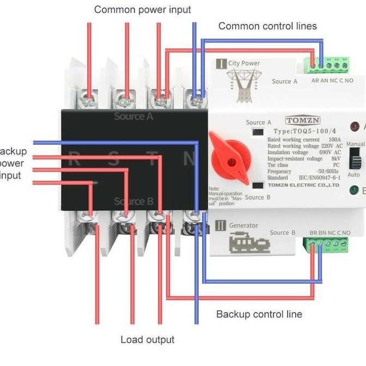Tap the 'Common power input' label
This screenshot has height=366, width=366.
tap(143, 10)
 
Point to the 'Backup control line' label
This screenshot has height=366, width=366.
tap(259, 314)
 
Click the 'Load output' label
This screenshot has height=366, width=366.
tap(148, 340)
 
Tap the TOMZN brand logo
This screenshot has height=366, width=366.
tap(303, 120)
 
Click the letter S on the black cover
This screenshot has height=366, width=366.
tap(113, 160)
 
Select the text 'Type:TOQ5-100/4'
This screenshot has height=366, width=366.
tap(303, 131)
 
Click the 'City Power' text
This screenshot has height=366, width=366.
tap(244, 63)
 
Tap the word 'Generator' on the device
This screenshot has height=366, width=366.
tap(243, 225)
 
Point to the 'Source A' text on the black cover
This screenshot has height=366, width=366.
tap(133, 117)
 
